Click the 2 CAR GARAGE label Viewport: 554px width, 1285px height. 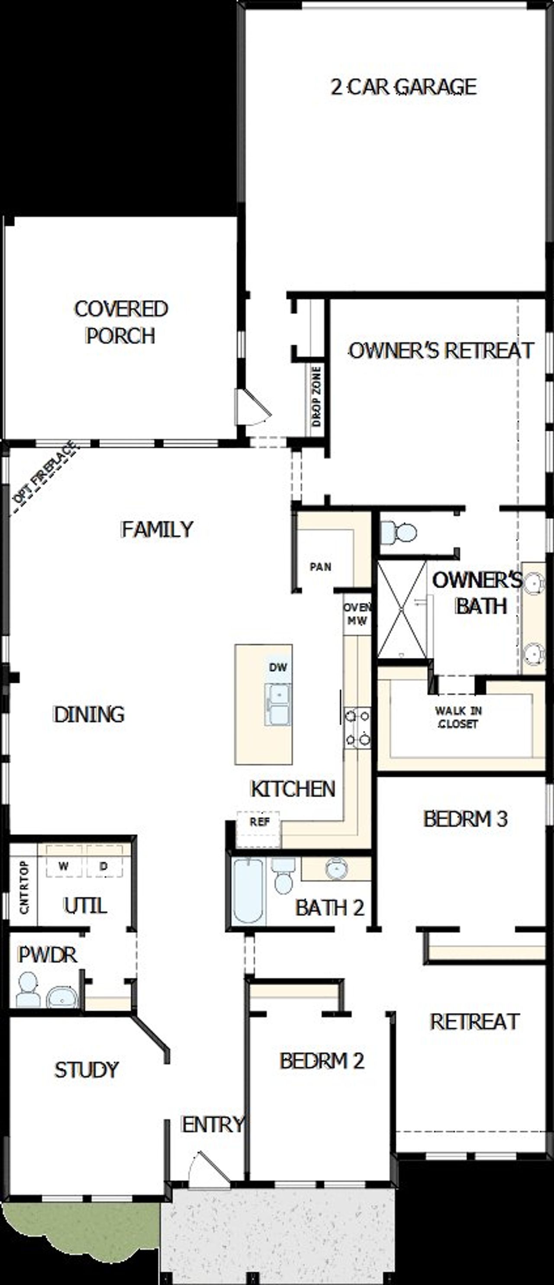click(x=403, y=87)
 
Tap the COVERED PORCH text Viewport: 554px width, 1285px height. click(x=121, y=322)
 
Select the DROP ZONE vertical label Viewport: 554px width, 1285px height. click(x=316, y=397)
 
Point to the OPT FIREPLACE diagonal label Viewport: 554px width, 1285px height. click(x=45, y=471)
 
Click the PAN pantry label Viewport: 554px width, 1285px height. click(x=320, y=567)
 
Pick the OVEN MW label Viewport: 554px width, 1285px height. click(x=357, y=614)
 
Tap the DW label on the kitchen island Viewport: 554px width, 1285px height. click(x=278, y=667)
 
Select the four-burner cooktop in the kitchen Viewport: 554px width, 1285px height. click(x=358, y=728)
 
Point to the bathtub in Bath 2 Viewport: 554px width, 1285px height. click(x=248, y=891)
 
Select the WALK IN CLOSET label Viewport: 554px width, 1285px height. click(x=457, y=717)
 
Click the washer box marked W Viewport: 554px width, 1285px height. click(x=63, y=866)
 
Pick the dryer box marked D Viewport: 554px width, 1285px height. click(x=104, y=866)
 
